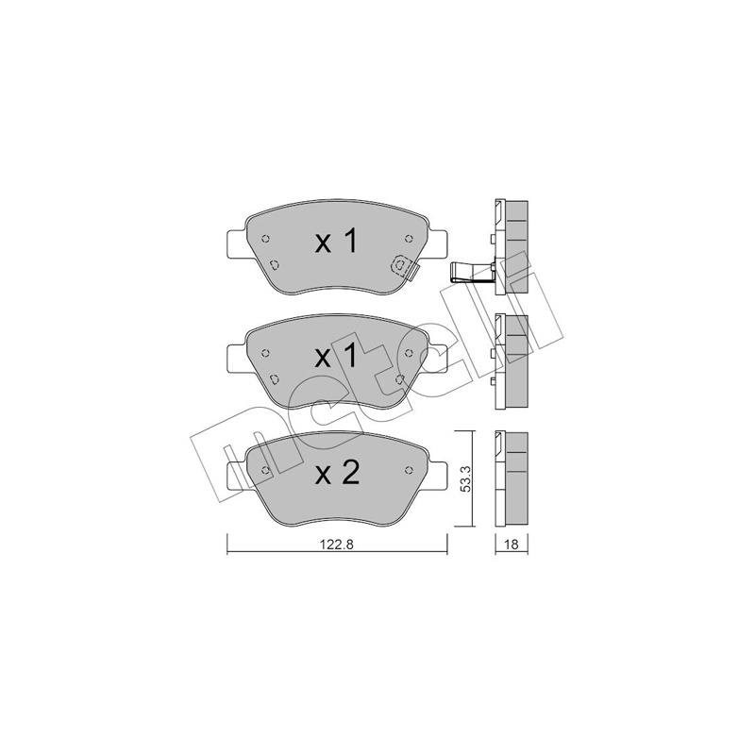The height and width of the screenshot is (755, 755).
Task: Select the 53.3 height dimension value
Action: (x=465, y=479)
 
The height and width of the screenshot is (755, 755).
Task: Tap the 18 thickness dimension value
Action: (x=512, y=545)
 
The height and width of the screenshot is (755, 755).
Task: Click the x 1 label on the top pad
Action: (x=337, y=242)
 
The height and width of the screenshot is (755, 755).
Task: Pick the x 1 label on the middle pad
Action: (x=337, y=357)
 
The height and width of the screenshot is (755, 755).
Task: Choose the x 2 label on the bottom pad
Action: (x=337, y=474)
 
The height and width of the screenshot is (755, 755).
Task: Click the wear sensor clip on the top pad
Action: (x=404, y=267)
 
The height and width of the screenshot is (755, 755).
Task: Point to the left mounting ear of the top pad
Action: (x=237, y=243)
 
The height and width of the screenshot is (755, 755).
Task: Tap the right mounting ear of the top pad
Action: (x=437, y=243)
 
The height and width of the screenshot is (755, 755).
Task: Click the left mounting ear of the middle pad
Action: (x=237, y=359)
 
